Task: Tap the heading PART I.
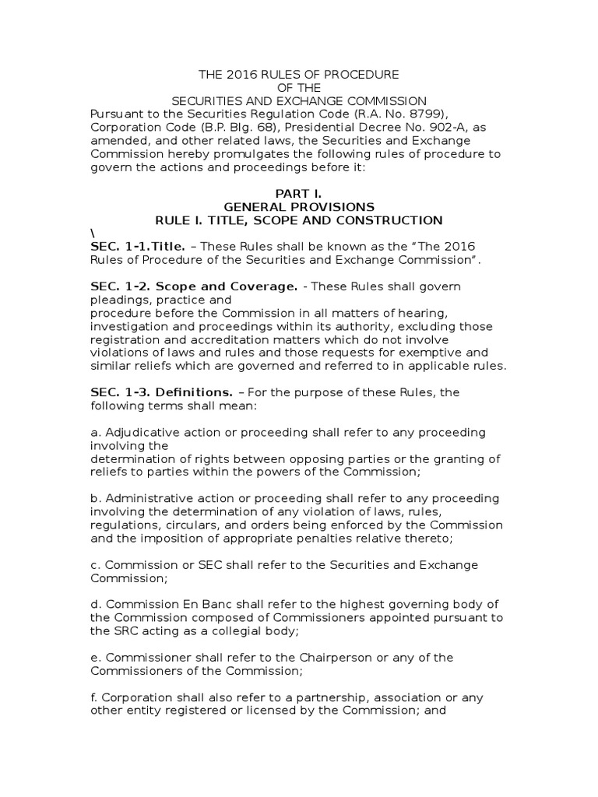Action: click(299, 193)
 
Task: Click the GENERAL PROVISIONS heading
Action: click(299, 207)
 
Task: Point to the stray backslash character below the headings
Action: click(92, 233)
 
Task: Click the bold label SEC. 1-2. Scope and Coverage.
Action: click(194, 286)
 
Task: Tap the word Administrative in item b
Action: click(142, 498)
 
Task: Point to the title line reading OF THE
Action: click(299, 87)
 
